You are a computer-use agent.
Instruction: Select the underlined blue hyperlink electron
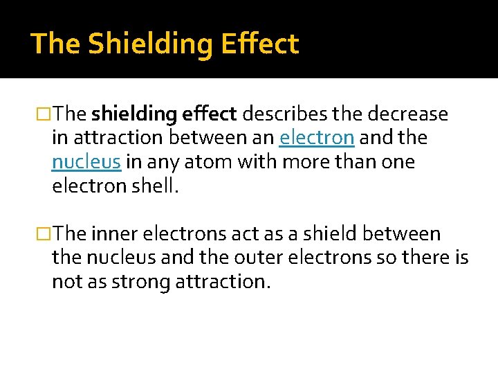pyautogui.click(x=317, y=138)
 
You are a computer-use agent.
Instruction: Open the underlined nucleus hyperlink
pyautogui.click(x=86, y=162)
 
